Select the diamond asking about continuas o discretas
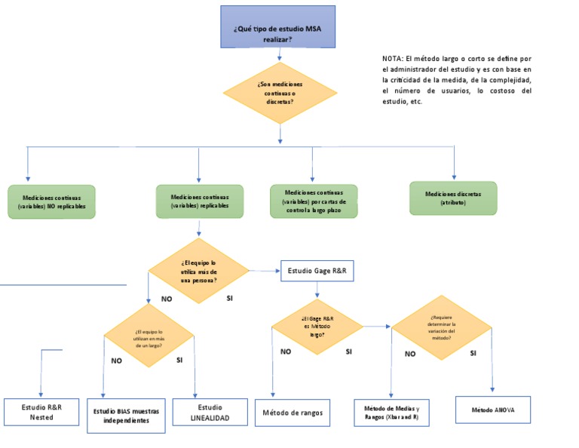(280, 92)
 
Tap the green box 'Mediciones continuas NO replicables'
(51, 201)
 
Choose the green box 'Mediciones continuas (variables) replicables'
(199, 201)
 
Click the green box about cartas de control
(314, 201)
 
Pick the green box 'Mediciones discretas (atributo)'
(453, 198)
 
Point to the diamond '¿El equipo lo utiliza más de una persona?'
(198, 271)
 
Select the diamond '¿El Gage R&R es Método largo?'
(317, 327)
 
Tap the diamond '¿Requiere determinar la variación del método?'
(443, 327)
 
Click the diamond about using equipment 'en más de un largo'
(149, 339)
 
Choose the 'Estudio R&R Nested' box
(41, 412)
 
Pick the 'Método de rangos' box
(293, 413)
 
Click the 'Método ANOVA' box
(493, 410)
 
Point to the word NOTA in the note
(392, 58)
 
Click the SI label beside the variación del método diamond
(473, 353)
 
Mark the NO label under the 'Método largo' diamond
(286, 351)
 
